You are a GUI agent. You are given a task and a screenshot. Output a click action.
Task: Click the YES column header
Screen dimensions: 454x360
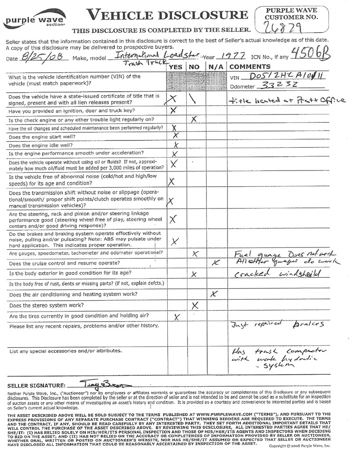click(176, 67)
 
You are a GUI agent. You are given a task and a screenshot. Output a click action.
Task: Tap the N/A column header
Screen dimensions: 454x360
click(216, 67)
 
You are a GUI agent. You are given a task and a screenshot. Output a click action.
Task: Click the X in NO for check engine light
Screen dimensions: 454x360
click(194, 119)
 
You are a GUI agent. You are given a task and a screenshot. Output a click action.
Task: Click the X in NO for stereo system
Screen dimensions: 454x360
click(195, 305)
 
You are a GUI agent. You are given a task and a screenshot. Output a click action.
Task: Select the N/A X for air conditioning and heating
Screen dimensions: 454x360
click(214, 294)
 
